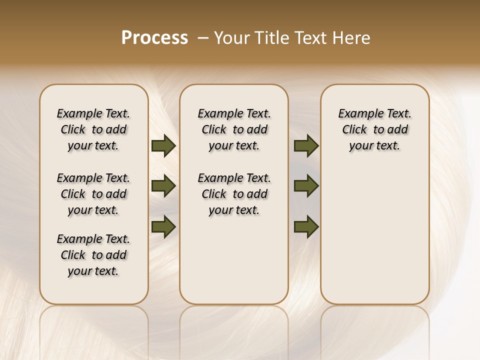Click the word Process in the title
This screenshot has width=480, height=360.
point(154,38)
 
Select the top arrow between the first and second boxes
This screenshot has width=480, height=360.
point(163,146)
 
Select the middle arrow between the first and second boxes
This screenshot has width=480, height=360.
point(163,186)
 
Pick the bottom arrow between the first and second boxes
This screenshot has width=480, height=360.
point(163,226)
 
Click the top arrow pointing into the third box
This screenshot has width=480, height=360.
point(306,146)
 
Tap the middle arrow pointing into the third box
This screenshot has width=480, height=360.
point(306,186)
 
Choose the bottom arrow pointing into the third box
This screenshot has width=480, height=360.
point(306,226)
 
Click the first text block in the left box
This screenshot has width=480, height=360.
point(93,129)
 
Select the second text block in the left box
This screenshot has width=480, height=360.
point(93,194)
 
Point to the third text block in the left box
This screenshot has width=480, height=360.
point(93,255)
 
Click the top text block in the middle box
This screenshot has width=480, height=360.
point(234,129)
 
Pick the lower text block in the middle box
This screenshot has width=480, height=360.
point(234,194)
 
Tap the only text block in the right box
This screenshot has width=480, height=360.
point(374,129)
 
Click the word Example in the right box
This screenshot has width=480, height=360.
point(358,114)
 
